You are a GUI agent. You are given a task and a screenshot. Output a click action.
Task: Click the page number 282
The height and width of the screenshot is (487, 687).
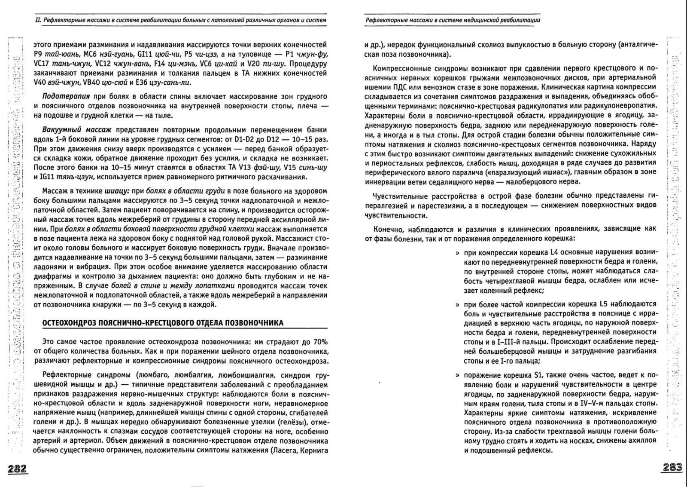click(x=17, y=469)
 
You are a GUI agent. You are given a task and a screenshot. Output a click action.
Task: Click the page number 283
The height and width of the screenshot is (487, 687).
click(x=672, y=468)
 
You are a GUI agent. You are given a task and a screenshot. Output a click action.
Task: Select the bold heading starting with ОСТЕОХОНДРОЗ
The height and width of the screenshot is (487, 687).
click(x=163, y=323)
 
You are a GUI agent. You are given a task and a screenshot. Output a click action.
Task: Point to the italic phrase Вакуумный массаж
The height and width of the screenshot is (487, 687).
click(x=77, y=129)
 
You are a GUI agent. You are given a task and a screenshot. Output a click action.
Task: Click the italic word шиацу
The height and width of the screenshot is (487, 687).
click(x=116, y=191)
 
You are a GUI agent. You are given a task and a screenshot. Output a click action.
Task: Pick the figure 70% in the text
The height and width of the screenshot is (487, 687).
click(x=319, y=342)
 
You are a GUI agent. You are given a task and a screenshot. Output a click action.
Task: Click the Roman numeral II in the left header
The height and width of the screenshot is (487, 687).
click(x=38, y=20)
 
